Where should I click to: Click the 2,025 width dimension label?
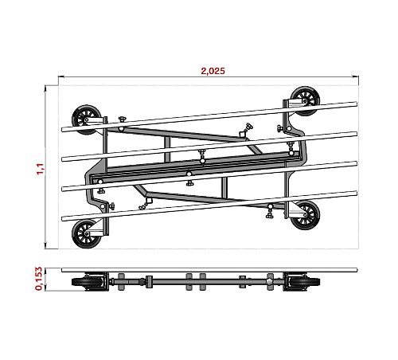pos(213,71)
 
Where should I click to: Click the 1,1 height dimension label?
pos(41,169)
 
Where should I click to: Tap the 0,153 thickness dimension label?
pos(39,279)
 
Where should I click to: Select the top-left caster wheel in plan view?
pos(86,120)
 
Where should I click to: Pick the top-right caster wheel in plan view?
pos(305,101)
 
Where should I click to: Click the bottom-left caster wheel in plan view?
pos(87,234)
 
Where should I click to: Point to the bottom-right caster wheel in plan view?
pos(305,215)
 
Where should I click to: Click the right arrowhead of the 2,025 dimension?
pos(356,76)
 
